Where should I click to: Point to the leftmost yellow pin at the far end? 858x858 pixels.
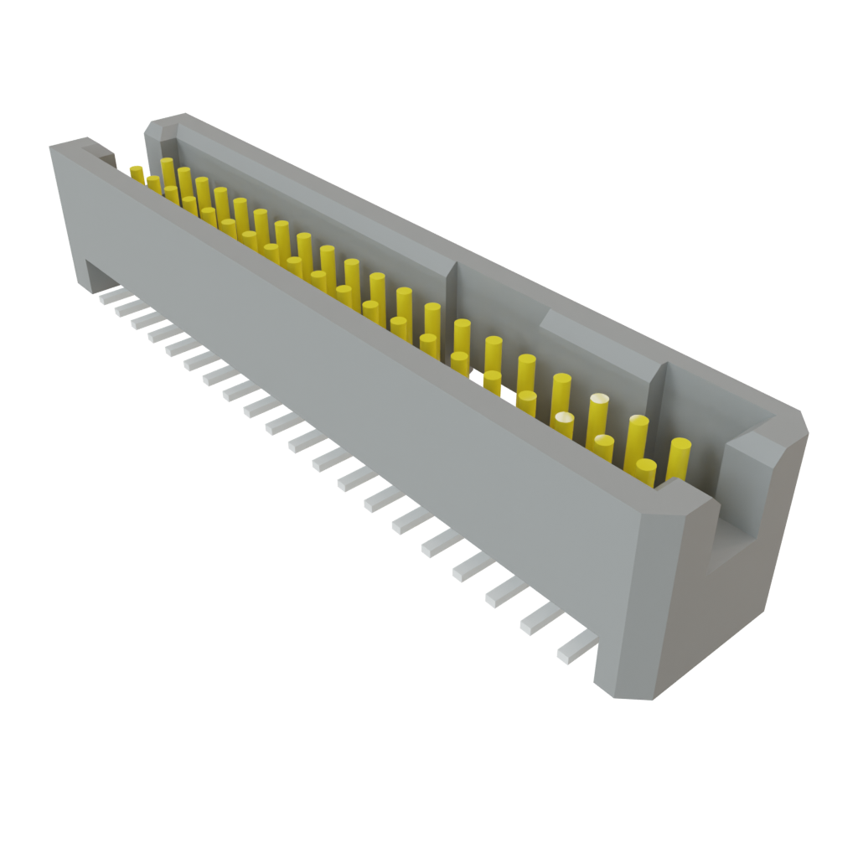[137, 173]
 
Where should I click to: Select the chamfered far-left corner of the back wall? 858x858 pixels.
[156, 127]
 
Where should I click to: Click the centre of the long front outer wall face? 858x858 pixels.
[352, 394]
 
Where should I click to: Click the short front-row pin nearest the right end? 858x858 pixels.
[645, 471]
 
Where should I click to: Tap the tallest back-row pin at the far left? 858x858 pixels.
[168, 172]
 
